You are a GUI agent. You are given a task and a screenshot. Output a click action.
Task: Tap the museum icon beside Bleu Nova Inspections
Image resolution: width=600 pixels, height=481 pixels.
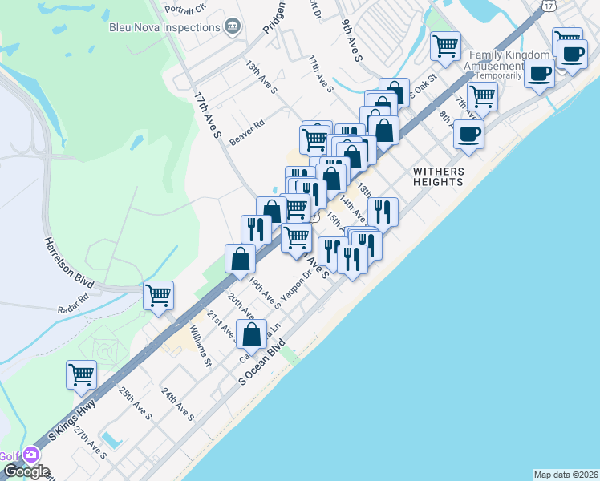pyautogui.click(x=233, y=26)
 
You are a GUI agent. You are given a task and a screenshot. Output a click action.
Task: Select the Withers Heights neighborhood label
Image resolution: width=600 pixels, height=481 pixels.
pyautogui.click(x=438, y=176)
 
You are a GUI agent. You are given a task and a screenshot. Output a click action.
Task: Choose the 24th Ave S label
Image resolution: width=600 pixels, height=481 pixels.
pyautogui.click(x=177, y=405)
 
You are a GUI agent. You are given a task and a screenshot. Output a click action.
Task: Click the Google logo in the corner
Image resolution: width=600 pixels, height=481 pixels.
pyautogui.click(x=26, y=471)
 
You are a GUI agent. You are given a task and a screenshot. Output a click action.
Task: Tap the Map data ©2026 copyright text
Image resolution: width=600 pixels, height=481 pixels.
pyautogui.click(x=566, y=474)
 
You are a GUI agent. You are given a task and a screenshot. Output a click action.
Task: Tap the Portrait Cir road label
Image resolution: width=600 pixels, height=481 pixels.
pyautogui.click(x=184, y=9)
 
